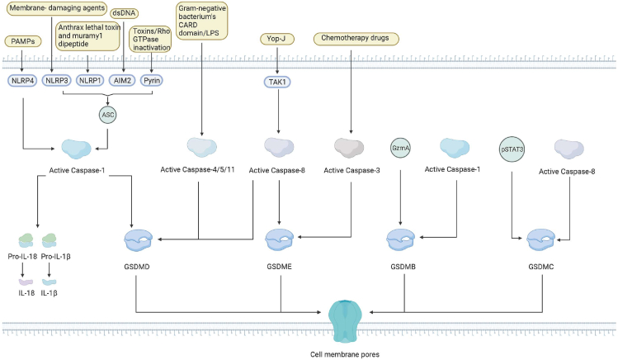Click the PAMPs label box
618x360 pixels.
pos(23,40)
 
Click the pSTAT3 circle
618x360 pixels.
pos(513,150)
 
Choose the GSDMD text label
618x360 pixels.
pos(137,268)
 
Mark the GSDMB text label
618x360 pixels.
pos(400,268)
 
